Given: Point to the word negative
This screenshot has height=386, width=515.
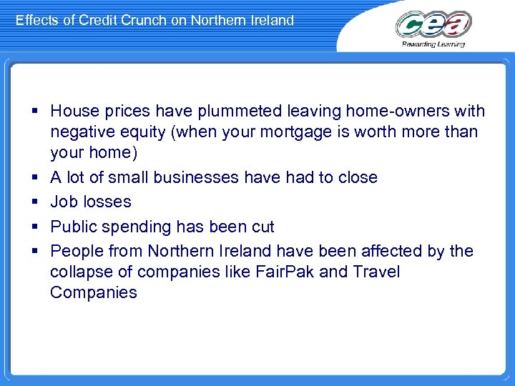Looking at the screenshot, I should pos(82,132).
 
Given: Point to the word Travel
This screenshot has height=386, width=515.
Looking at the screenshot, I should pos(376,272).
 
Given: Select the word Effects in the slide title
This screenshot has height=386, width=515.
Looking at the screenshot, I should pos(37,20).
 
